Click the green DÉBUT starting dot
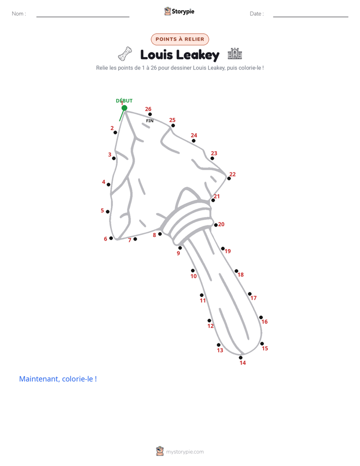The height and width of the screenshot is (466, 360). (x=125, y=108)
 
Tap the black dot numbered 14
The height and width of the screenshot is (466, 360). (x=241, y=358)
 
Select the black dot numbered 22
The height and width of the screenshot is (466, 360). (x=229, y=179)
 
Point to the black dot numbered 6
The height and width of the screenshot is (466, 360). (x=111, y=238)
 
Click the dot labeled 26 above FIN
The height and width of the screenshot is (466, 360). (x=150, y=114)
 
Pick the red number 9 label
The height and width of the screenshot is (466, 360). (x=178, y=253)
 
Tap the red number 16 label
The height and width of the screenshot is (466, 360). (x=264, y=322)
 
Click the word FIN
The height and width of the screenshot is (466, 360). (x=150, y=121)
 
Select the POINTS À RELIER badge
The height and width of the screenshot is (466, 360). (x=180, y=39)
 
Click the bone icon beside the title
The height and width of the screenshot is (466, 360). (x=125, y=54)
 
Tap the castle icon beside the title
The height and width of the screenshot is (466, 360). (x=234, y=53)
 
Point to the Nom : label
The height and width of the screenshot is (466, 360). (x=19, y=14)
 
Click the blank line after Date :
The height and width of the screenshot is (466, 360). (x=311, y=17)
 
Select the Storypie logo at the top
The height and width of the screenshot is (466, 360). (x=179, y=11)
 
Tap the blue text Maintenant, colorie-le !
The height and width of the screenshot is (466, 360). (x=58, y=379)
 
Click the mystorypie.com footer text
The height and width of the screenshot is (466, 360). (x=185, y=452)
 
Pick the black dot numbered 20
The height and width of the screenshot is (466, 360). (x=216, y=225)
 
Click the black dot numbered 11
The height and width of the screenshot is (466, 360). (x=202, y=295)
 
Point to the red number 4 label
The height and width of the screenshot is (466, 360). (x=104, y=182)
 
